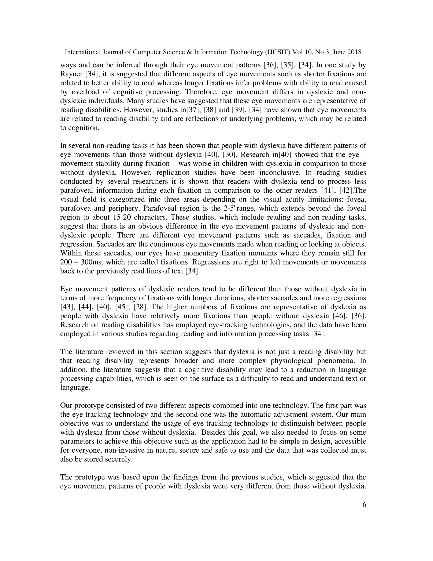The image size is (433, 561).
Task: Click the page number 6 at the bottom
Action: point(364,512)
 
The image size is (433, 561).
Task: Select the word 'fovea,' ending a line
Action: point(356,200)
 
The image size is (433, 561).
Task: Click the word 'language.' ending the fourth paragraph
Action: point(75,388)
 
